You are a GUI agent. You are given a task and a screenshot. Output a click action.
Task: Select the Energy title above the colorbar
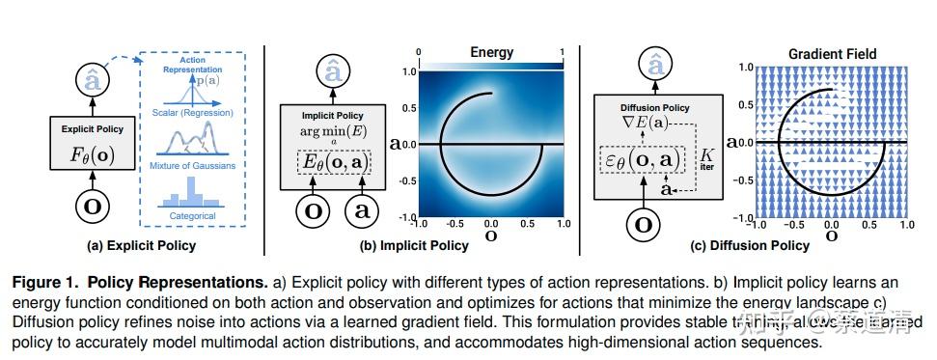point(491,52)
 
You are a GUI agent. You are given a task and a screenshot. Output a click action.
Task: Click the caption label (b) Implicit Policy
point(416,245)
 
